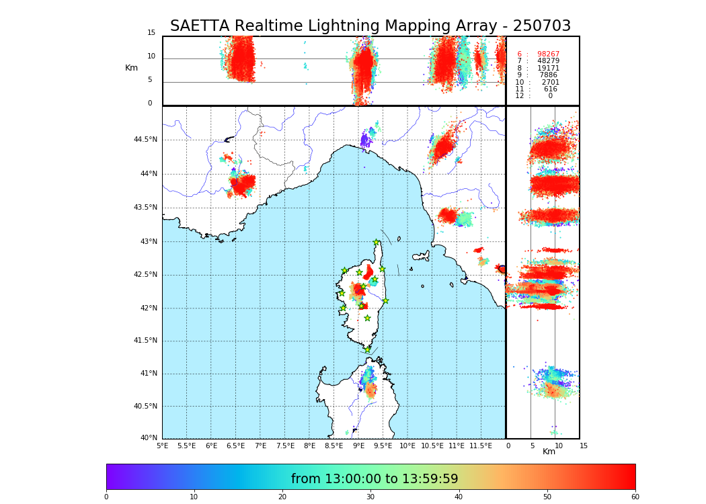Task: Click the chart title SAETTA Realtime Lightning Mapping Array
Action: click(x=370, y=26)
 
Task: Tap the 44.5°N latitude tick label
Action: click(x=145, y=140)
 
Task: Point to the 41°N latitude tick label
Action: click(x=147, y=374)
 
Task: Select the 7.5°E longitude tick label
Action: click(x=285, y=446)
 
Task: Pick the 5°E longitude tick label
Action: click(x=163, y=446)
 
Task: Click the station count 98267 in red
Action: click(x=548, y=54)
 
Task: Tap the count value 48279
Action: click(x=548, y=61)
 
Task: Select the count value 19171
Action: click(x=548, y=69)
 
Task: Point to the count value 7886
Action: click(x=548, y=75)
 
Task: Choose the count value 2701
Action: click(x=550, y=83)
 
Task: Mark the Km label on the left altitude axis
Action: click(x=131, y=68)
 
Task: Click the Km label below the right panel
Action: click(x=549, y=452)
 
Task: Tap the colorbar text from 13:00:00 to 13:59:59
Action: click(x=375, y=479)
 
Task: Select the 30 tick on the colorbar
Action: click(x=370, y=497)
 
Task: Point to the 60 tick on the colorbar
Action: click(x=635, y=497)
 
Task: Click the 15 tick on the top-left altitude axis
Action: click(x=151, y=33)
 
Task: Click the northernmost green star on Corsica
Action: click(x=377, y=243)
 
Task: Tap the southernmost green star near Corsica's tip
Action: click(x=367, y=349)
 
